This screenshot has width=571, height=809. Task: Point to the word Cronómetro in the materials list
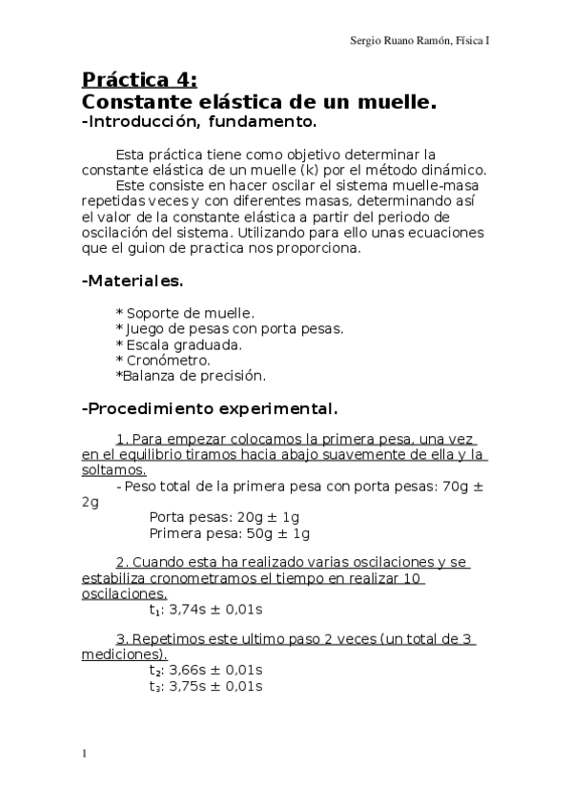click(x=168, y=360)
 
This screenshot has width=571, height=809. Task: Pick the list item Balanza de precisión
click(x=191, y=376)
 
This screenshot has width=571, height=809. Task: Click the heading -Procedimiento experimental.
click(x=210, y=409)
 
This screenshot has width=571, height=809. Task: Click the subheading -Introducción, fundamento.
click(x=198, y=122)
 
